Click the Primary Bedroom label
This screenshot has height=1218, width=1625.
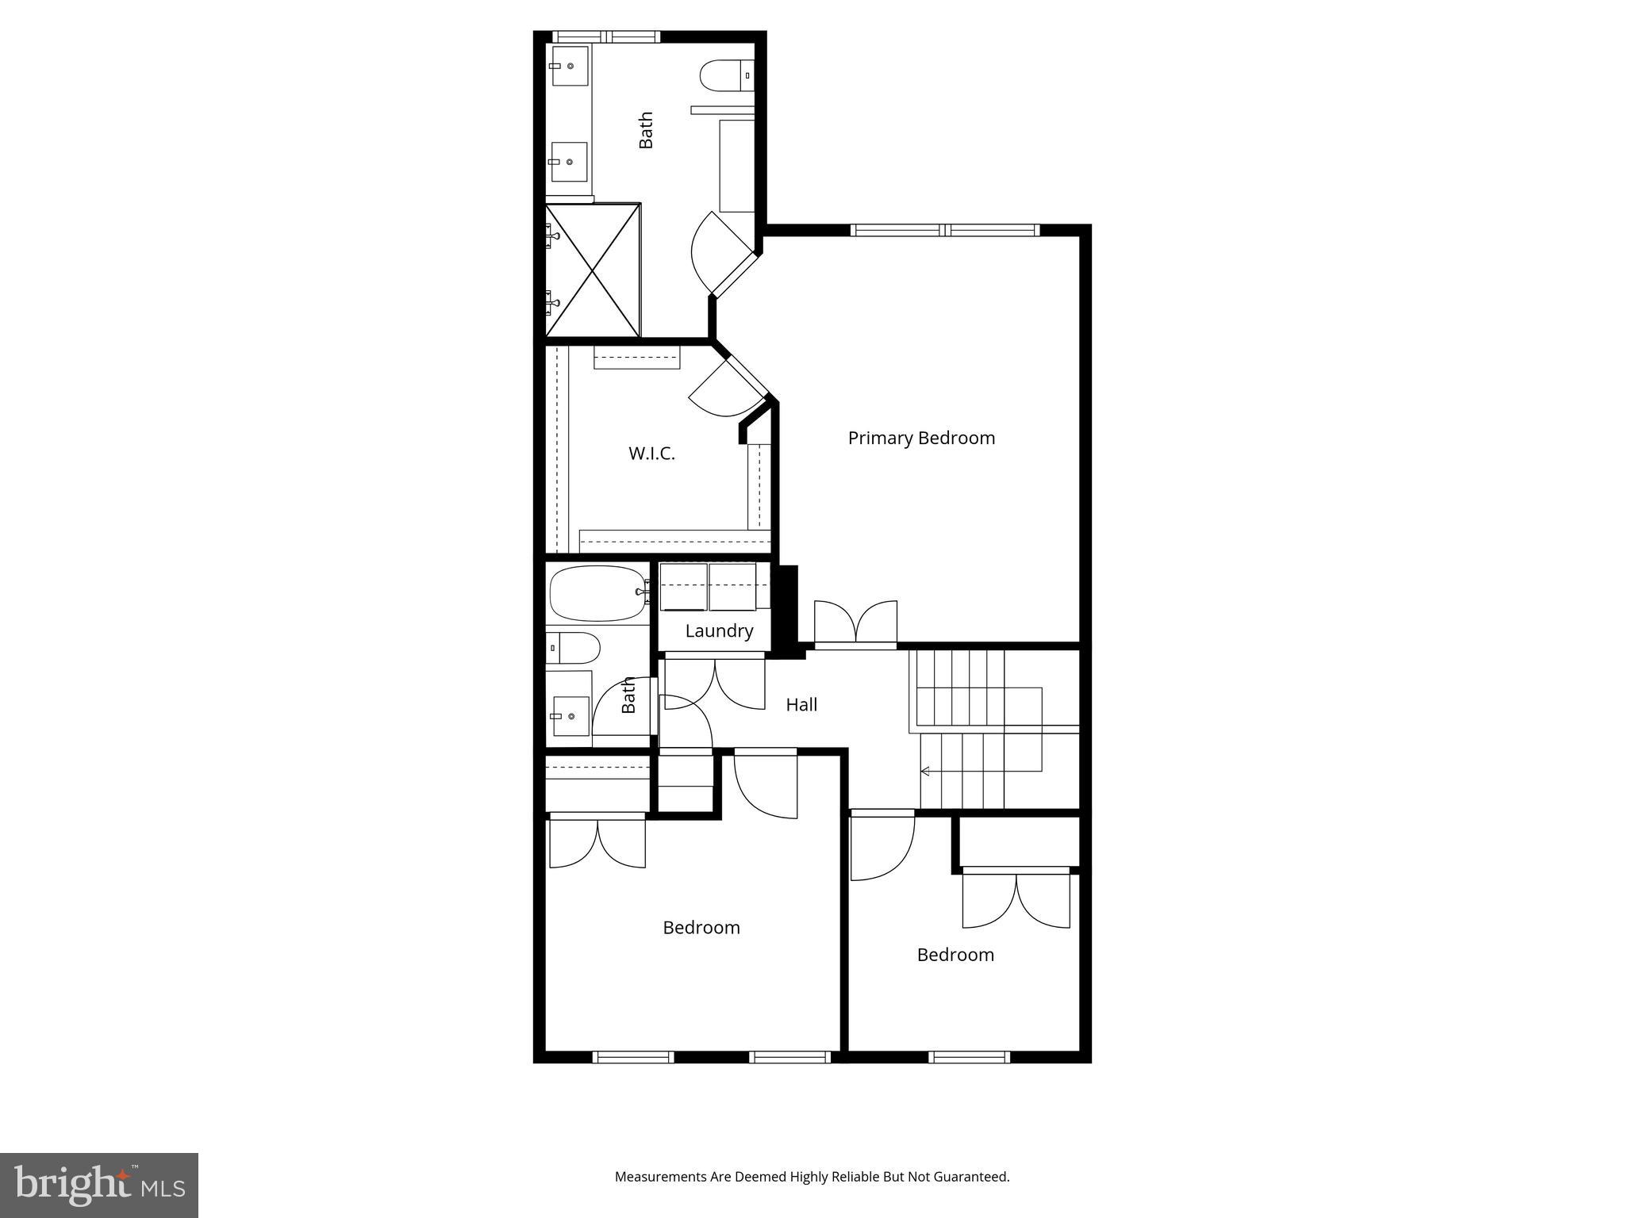tap(921, 438)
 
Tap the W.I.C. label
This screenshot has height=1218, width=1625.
tap(651, 454)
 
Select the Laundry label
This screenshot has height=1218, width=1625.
tap(719, 631)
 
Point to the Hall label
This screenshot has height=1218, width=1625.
tap(801, 705)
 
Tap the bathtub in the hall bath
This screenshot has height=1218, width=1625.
tap(597, 593)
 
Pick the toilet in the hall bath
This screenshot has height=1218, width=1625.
tap(573, 648)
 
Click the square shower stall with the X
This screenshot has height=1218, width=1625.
tap(593, 270)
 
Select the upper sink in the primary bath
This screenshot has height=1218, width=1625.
tap(570, 66)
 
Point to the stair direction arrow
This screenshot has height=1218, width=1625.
tap(925, 771)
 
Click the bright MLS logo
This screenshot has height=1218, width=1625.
tap(99, 1185)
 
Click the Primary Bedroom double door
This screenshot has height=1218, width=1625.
tap(856, 625)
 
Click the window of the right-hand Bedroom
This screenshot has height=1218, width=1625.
tap(969, 1057)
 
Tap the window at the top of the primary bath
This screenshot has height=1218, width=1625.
tap(606, 36)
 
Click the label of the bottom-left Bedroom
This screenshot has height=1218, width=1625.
tap(701, 928)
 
